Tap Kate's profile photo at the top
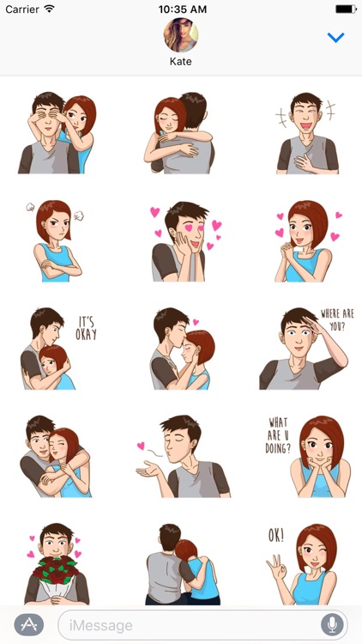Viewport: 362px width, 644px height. coord(181,35)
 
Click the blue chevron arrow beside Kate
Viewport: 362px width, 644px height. coord(336,38)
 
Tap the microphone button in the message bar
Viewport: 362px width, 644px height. coord(331,624)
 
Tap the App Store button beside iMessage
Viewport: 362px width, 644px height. coord(28,624)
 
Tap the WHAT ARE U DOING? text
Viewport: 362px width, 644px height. coord(280,434)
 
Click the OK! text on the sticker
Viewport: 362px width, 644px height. coord(276,535)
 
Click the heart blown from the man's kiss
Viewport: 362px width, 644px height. coord(141,446)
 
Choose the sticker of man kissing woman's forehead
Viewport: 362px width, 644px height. coord(182,348)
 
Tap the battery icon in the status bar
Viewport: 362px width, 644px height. coord(345,9)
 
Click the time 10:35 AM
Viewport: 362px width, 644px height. coord(181,9)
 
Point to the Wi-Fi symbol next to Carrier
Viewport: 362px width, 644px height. coord(49,9)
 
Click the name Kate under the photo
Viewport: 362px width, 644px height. coord(181,63)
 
